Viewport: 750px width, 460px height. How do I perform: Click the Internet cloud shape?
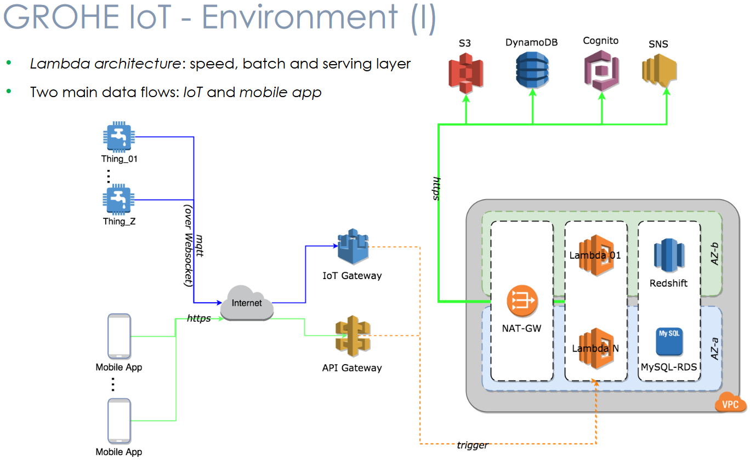pyautogui.click(x=247, y=303)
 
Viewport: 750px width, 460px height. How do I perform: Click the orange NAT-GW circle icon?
pyautogui.click(x=521, y=302)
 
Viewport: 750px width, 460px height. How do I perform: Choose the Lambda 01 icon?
pyautogui.click(x=595, y=255)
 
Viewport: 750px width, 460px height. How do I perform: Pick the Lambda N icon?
pyautogui.click(x=595, y=348)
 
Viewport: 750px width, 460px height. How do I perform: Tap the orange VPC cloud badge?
pyautogui.click(x=731, y=404)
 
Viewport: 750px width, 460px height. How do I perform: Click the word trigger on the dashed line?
pyautogui.click(x=472, y=445)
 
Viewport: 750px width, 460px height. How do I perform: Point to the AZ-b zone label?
pyautogui.click(x=714, y=254)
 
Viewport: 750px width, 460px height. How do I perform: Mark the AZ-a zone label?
pyautogui.click(x=714, y=349)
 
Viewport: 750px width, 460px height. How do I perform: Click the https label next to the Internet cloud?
pyautogui.click(x=198, y=318)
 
